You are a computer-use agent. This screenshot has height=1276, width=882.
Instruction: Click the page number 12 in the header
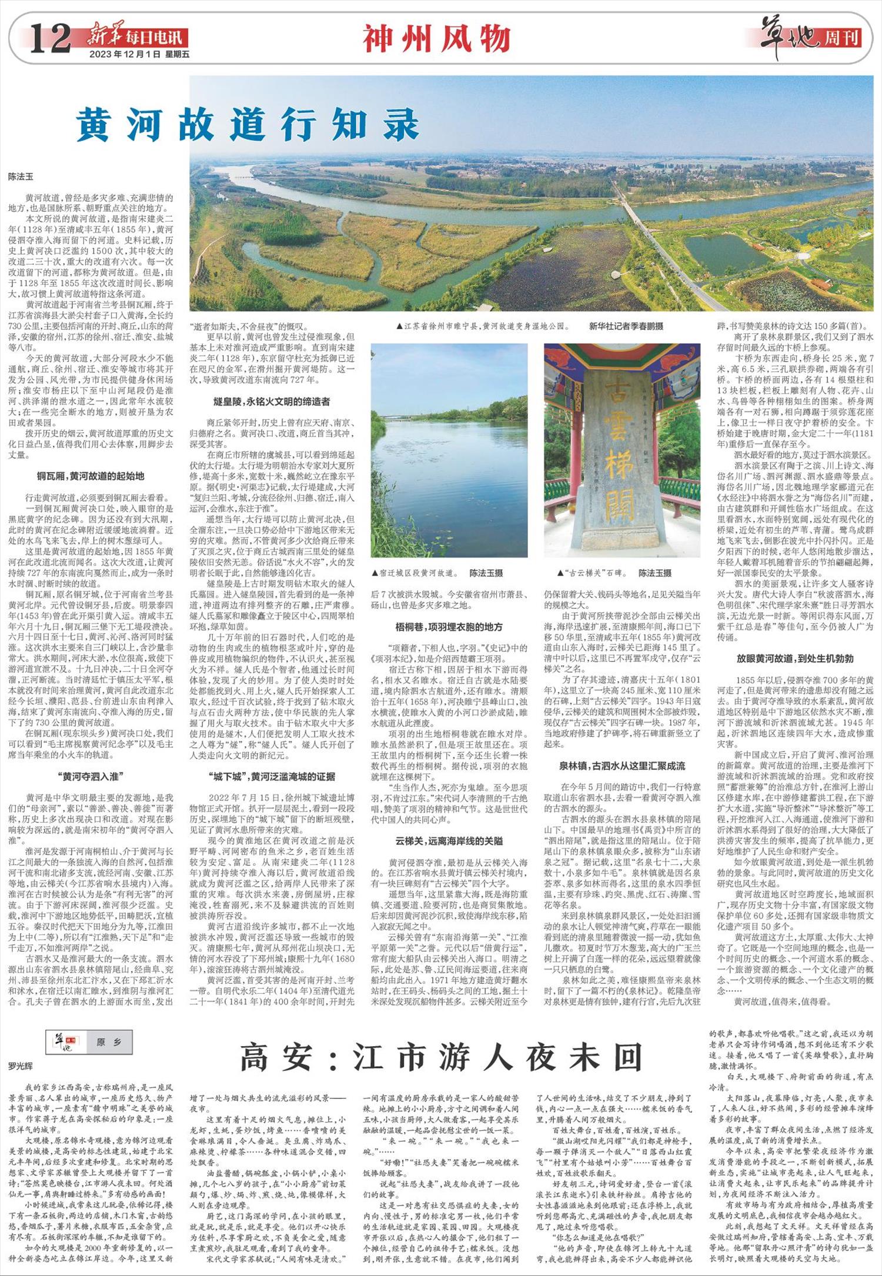[x=51, y=39]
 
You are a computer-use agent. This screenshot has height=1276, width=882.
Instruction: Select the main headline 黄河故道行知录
[x=247, y=125]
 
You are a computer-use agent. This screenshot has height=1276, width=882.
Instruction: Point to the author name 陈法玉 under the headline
[x=21, y=176]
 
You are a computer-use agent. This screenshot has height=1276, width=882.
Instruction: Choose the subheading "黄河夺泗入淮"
[x=90, y=776]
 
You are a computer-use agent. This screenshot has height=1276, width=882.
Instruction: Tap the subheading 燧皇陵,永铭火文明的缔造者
[x=272, y=402]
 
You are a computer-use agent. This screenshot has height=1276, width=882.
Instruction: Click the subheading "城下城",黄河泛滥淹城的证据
[x=272, y=776]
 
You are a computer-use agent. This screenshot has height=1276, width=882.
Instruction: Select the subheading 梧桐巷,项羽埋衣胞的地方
[x=449, y=627]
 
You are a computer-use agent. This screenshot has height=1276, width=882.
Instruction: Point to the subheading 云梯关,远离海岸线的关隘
[x=449, y=841]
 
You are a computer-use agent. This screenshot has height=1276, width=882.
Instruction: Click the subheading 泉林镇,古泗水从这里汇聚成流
[x=622, y=766]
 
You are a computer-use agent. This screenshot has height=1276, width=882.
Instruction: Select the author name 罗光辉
[x=21, y=1065]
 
